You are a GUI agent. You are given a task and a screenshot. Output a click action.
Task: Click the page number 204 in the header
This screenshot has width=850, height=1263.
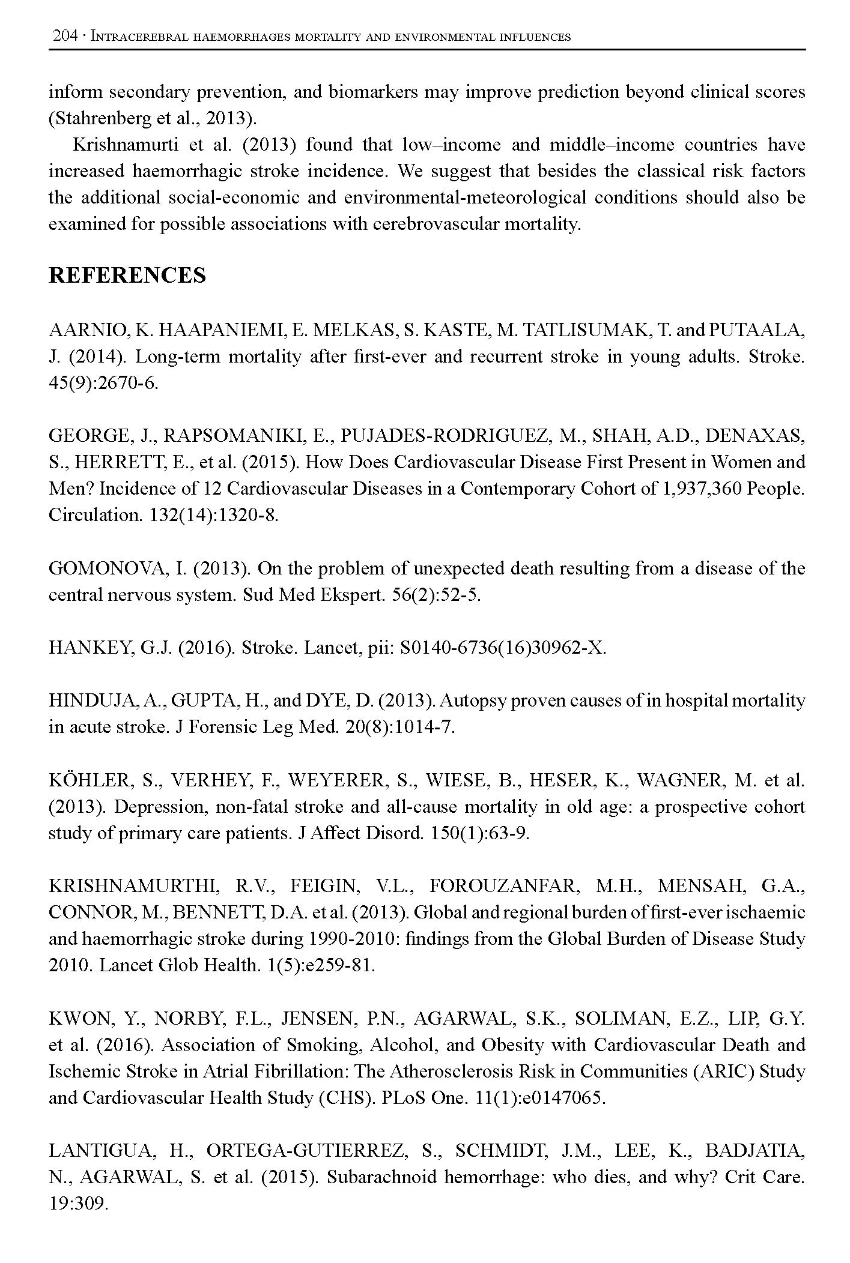coord(65,37)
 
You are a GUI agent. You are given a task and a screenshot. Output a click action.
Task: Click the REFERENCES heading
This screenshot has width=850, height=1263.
coord(127,276)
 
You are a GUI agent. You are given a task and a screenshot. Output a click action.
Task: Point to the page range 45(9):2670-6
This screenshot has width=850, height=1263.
coord(103,384)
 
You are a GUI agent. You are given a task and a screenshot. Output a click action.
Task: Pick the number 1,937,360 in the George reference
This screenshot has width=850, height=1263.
coord(702,489)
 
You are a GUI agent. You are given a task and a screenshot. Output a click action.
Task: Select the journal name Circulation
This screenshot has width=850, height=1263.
coord(94,515)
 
